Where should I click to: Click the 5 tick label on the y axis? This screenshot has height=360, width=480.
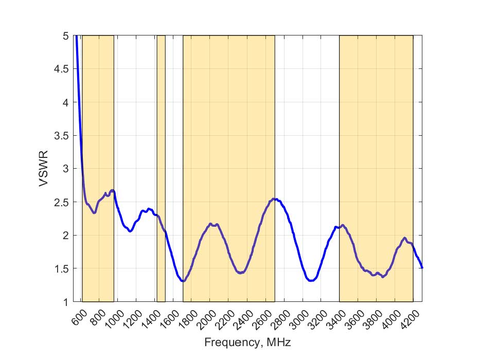pos(65,37)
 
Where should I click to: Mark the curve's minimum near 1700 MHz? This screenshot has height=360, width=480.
pos(182,281)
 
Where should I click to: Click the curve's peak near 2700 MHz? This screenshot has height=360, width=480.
pos(276,199)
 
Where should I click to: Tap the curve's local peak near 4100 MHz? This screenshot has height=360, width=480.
pos(405,238)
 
